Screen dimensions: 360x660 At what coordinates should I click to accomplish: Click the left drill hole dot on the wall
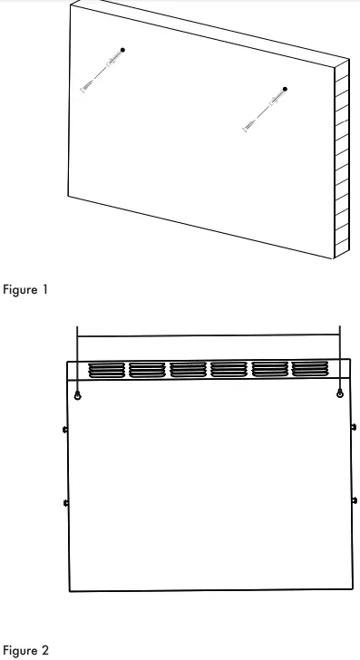[123, 48]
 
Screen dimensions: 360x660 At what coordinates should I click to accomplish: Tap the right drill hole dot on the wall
[285, 89]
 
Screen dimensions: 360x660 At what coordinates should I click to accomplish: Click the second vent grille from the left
[146, 369]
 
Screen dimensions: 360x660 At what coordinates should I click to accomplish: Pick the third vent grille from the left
[187, 369]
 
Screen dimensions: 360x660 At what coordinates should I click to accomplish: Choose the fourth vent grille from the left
[228, 369]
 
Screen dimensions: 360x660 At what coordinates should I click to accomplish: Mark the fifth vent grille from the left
[268, 369]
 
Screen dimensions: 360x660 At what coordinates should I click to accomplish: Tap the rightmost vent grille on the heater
[308, 369]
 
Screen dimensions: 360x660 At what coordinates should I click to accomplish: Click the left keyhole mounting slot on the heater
[79, 395]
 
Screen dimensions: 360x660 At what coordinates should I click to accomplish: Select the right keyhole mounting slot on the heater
[339, 394]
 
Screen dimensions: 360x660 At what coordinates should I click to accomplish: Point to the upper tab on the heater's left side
[65, 428]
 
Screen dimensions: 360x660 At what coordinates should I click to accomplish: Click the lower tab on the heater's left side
[65, 501]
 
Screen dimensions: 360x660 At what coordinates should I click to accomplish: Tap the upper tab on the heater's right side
[354, 427]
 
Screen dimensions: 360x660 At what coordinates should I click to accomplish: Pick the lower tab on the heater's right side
[354, 500]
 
